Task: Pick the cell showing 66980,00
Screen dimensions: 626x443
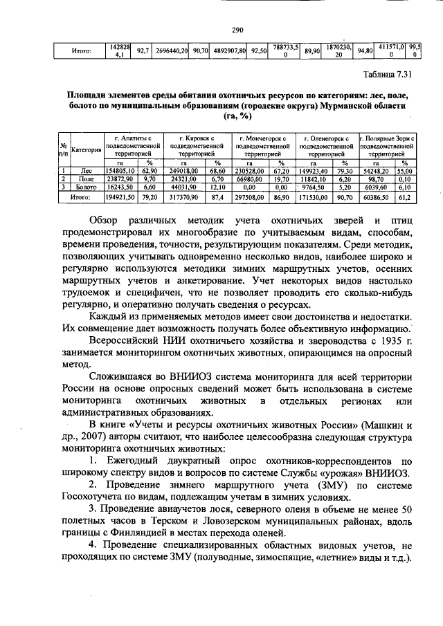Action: [x=248, y=178]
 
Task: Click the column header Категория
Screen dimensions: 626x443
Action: [x=86, y=149]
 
